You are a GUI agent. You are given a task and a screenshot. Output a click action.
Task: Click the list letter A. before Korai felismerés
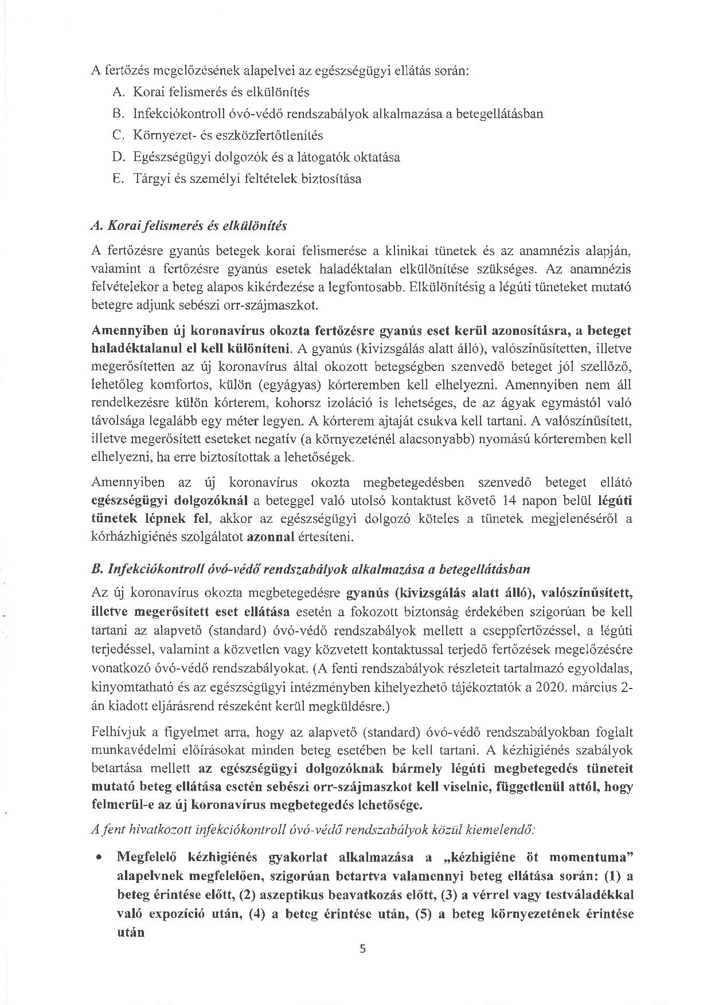pos(119,92)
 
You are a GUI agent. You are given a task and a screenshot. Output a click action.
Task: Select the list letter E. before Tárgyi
pos(118,179)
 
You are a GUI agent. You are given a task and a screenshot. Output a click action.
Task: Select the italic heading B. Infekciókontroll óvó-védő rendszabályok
pos(310,569)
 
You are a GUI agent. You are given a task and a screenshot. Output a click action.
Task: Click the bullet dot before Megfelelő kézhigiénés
pos(100,858)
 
